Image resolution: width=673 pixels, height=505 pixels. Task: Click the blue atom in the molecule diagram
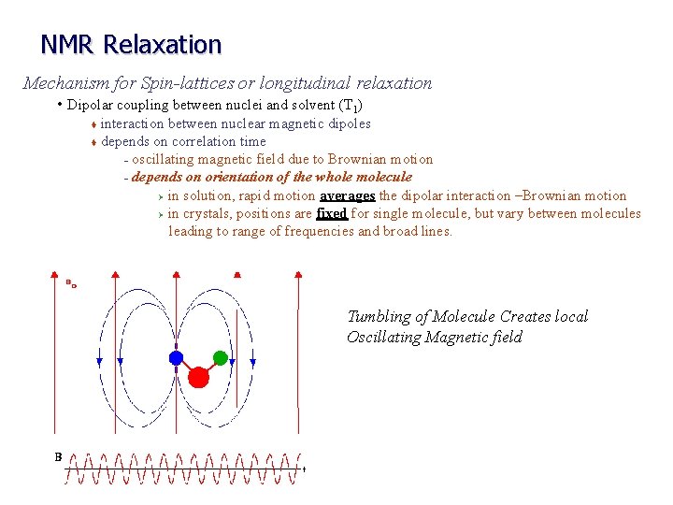[x=175, y=357]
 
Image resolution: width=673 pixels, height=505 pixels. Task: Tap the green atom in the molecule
[x=221, y=356]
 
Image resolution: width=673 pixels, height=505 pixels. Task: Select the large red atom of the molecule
[x=198, y=377]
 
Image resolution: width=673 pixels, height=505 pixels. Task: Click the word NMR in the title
[x=69, y=44]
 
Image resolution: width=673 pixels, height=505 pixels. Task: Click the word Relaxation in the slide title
[x=163, y=44]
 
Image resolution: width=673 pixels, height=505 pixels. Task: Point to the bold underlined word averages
[x=347, y=195]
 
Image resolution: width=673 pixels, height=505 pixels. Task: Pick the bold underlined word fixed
[x=332, y=213]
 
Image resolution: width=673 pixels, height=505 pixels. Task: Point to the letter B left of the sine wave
[x=58, y=457]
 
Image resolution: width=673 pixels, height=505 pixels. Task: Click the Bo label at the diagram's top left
[x=70, y=281]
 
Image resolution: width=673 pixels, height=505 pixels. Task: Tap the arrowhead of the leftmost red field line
[x=52, y=273]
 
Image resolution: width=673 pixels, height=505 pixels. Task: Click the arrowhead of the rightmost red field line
[x=298, y=273]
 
